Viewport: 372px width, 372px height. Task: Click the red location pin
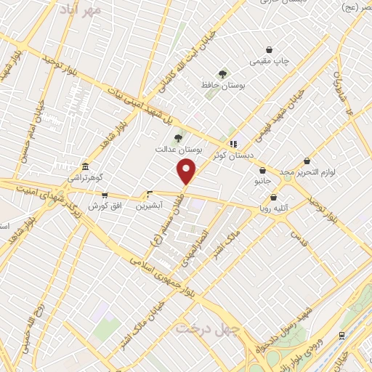(187, 172)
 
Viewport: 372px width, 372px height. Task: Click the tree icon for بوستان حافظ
(223, 73)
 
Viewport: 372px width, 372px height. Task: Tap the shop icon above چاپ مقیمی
(270, 50)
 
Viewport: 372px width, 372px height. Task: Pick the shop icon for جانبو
(262, 171)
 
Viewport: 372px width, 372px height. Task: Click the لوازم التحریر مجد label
(306, 171)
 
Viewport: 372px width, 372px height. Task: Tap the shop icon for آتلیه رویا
(273, 197)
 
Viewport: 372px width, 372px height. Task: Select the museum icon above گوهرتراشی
(86, 166)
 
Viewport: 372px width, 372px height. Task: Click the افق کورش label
(104, 206)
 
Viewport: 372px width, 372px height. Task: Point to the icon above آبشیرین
(150, 194)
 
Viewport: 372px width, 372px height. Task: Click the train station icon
(341, 335)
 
